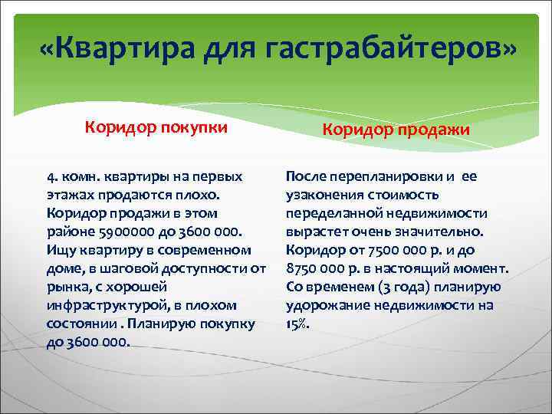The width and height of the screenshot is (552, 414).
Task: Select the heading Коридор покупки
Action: click(156, 127)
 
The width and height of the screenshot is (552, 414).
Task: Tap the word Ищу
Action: click(62, 249)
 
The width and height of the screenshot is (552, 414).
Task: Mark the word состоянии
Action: click(81, 323)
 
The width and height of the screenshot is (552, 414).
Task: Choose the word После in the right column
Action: click(306, 176)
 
